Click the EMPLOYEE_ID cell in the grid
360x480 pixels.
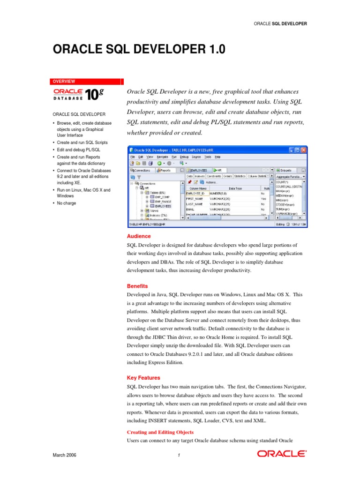coord(195,193)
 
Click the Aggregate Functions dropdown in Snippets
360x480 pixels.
coord(291,176)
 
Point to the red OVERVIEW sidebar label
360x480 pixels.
coord(64,81)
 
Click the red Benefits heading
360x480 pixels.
coord(137,286)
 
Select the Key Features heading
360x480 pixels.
coord(143,377)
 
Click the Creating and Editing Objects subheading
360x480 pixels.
coord(160,432)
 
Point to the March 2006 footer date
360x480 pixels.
coord(64,455)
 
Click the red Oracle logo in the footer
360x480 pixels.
coord(282,454)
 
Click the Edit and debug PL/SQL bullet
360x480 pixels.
coord(80,150)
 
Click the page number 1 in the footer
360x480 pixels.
coord(179,456)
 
